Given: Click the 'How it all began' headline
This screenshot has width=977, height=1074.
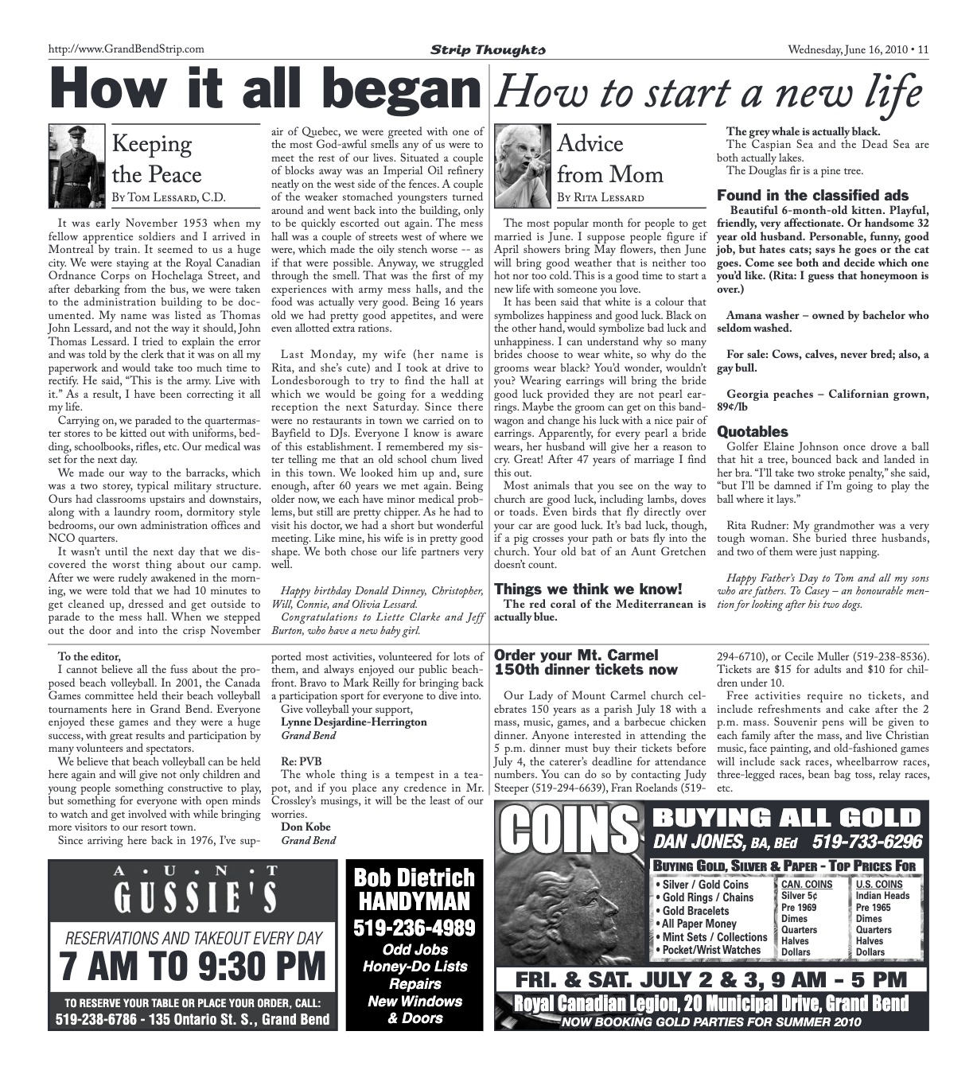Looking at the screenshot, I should (263, 88).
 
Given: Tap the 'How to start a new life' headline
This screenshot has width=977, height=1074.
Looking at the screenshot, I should (707, 93).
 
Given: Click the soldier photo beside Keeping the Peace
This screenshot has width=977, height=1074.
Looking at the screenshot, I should (76, 165).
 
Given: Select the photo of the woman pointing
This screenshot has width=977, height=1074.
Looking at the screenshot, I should (522, 165).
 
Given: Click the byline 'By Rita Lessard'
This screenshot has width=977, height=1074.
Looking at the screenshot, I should (600, 197).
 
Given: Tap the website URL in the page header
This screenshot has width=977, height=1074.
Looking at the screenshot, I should (127, 49).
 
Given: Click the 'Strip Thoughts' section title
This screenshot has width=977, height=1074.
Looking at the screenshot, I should (488, 50).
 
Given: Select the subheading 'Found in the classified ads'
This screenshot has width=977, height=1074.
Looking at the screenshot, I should (812, 196).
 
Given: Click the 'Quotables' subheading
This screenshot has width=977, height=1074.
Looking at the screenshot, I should (752, 432).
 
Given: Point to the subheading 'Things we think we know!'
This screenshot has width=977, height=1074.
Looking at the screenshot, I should (588, 590).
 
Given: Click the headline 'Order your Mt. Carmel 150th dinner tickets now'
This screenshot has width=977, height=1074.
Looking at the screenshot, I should (586, 662).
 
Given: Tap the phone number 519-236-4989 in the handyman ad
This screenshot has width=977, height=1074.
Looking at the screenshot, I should (415, 927).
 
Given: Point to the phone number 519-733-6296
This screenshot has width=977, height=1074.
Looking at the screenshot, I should (866, 842).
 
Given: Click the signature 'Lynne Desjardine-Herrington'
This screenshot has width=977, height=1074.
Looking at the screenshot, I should (353, 722).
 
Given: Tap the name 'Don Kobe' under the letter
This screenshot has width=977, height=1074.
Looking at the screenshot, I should (306, 827).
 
